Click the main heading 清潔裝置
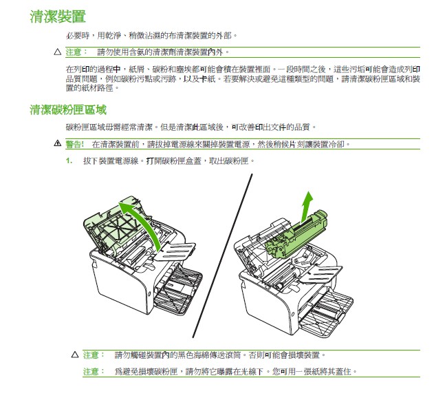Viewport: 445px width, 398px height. (x=58, y=16)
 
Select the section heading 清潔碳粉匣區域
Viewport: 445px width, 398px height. (x=67, y=109)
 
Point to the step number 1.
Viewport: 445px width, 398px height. (x=69, y=160)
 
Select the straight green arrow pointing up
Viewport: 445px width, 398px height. (x=307, y=205)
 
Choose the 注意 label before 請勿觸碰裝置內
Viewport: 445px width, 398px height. (x=92, y=355)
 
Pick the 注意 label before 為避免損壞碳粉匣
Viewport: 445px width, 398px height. (x=92, y=372)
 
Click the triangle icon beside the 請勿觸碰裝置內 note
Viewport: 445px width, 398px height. (x=75, y=355)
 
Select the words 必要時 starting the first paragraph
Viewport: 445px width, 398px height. (x=75, y=34)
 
